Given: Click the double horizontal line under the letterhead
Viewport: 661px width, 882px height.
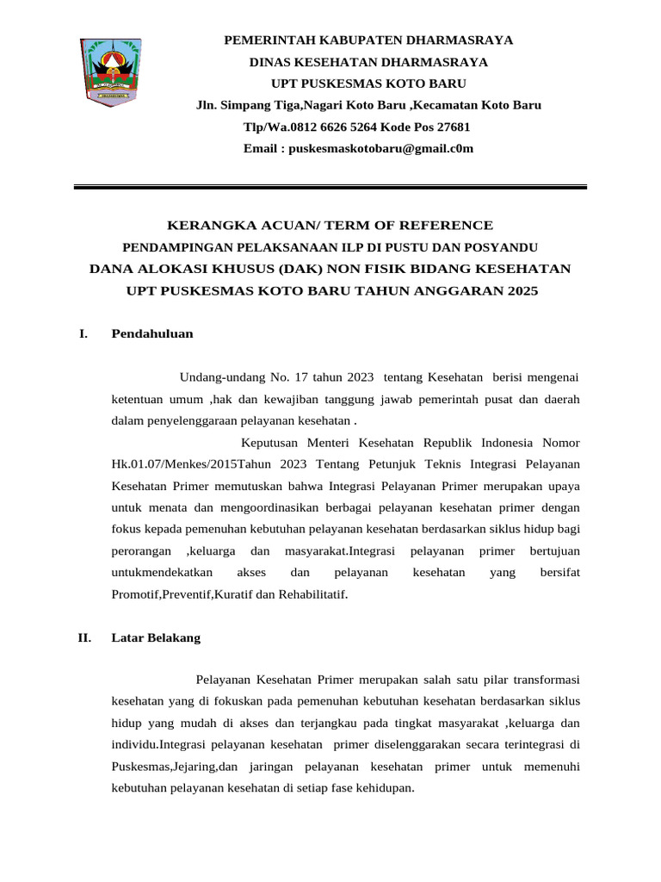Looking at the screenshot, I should pyautogui.click(x=330, y=186).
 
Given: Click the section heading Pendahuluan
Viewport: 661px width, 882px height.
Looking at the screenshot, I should pyautogui.click(x=152, y=334).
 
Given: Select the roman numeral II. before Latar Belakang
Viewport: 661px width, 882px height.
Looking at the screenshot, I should pyautogui.click(x=84, y=638).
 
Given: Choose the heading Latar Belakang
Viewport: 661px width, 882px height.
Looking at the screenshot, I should pyautogui.click(x=156, y=638).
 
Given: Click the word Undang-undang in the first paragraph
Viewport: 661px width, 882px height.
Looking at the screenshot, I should pyautogui.click(x=217, y=377).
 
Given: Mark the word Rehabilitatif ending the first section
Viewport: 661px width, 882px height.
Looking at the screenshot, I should pyautogui.click(x=313, y=595).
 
